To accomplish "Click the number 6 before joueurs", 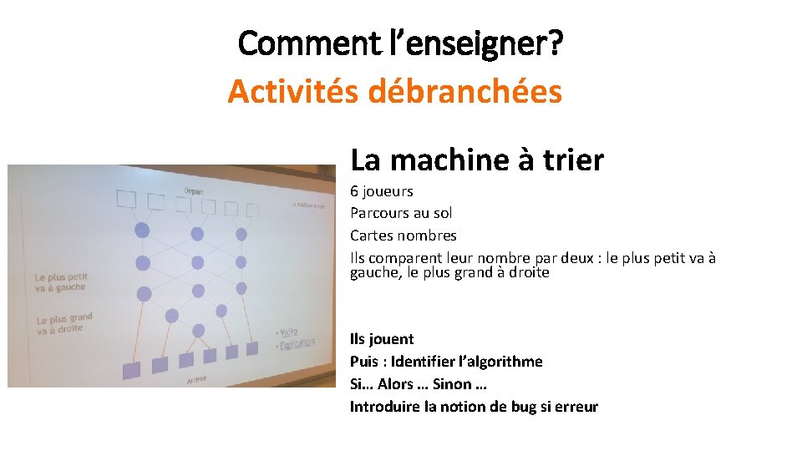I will point(354,191).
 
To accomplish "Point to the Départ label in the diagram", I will point(195,190).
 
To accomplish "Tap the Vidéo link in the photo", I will point(288,332).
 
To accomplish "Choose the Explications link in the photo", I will point(297,343).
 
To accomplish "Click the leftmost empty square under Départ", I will point(126,199).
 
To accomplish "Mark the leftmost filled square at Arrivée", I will point(130,368).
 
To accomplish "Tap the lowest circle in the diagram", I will point(199,331).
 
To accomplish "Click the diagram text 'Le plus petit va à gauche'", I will point(60,281).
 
